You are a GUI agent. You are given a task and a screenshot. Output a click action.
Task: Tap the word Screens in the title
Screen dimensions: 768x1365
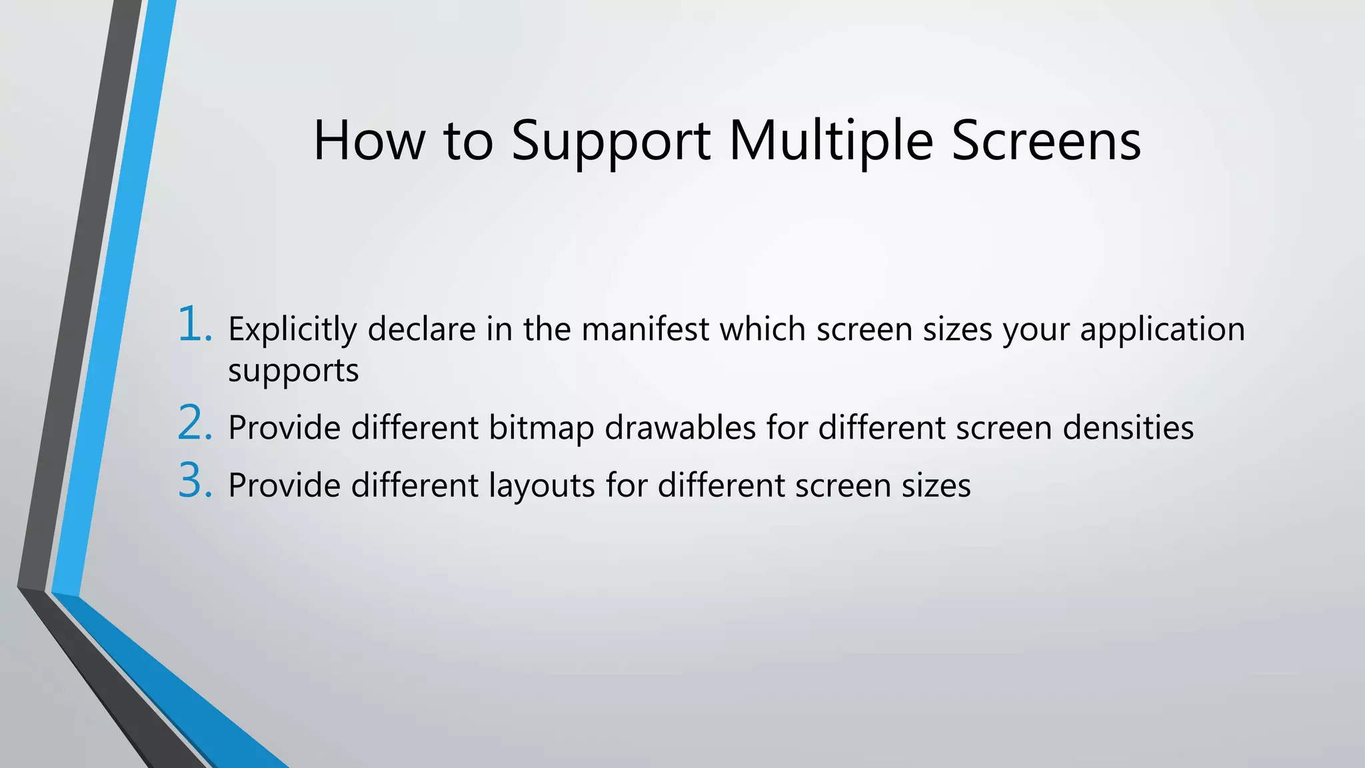point(1046,141)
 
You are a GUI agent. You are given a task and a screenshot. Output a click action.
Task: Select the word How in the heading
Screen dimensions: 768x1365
point(369,141)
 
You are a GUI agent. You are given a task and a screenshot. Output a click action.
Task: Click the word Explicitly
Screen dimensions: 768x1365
point(292,330)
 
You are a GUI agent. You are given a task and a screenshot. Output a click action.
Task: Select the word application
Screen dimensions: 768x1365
point(1162,330)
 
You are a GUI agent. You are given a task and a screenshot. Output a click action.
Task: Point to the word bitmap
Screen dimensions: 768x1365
point(541,429)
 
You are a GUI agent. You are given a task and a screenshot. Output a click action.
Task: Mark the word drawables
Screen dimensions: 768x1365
point(680,427)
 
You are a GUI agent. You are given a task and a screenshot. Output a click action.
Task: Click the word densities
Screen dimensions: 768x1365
point(1128,427)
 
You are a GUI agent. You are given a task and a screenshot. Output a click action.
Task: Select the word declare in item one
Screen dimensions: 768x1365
point(421,329)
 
